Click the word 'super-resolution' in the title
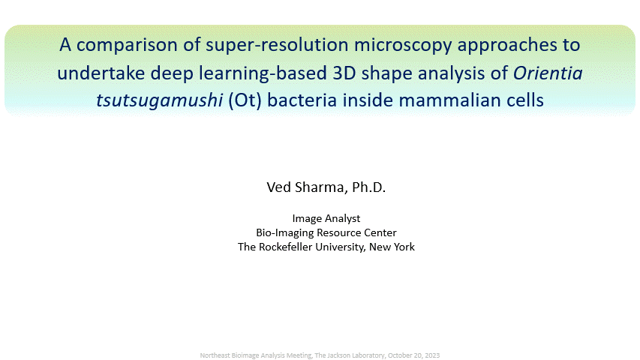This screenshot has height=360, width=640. click(277, 45)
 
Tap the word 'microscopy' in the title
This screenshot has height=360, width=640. click(403, 46)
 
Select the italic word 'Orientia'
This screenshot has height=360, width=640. click(548, 73)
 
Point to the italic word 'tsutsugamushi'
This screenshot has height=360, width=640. click(159, 100)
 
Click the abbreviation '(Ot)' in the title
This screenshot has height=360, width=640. click(245, 100)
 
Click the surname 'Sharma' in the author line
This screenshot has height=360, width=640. click(321, 187)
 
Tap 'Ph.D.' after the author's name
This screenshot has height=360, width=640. click(368, 187)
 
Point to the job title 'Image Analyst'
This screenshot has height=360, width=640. click(326, 219)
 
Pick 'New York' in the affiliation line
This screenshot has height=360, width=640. click(392, 247)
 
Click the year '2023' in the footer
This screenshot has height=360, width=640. click(432, 355)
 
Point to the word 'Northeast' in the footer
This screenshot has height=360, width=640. click(215, 355)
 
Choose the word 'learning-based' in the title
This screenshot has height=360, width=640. click(263, 73)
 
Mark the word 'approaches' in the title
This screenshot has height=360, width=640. click(506, 46)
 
